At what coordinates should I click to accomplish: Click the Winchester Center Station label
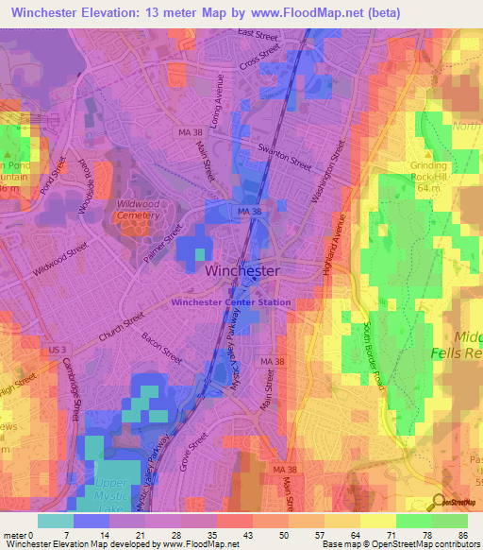(x=231, y=302)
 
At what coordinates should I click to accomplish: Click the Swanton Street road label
(x=285, y=157)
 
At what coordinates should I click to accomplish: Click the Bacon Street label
(x=158, y=346)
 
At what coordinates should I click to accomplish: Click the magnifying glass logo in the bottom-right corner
(x=439, y=502)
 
